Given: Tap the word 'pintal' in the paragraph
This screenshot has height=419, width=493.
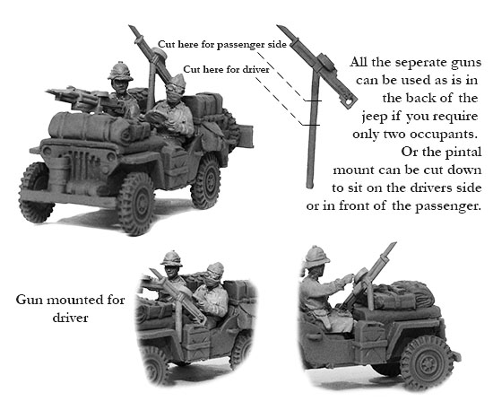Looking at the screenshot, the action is pos(464,153).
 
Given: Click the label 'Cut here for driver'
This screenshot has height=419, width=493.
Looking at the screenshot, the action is pos(226,69).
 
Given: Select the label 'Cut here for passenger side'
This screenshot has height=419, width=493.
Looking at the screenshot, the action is pos(222,44).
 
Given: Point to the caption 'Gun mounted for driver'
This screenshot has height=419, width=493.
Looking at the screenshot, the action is pos(71,308).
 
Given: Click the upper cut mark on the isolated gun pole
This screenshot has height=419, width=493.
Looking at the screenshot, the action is pos(313,101).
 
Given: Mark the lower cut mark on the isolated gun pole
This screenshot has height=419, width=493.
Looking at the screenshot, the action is pos(311,125).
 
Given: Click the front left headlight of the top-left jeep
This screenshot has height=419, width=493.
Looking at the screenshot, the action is pos(48,151).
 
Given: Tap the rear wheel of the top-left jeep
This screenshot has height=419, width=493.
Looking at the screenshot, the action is pos(206,182).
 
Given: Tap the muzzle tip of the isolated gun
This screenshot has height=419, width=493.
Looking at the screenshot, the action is pos(278,26).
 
